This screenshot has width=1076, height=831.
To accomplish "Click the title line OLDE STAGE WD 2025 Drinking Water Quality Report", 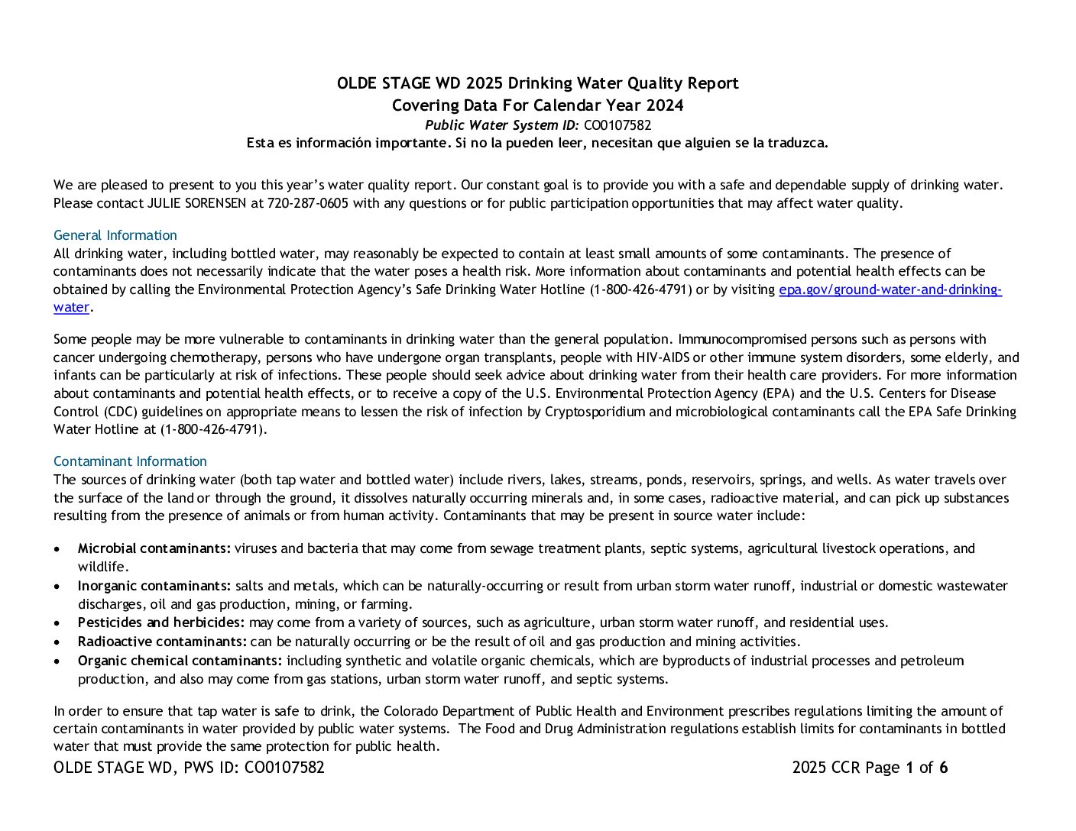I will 537,83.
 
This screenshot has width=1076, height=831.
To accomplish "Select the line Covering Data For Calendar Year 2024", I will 537,105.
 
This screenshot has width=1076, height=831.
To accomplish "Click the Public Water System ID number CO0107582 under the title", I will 617,125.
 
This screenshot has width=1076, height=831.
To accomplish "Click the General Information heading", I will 115,235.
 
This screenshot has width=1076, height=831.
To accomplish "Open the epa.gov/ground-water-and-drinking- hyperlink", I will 890,289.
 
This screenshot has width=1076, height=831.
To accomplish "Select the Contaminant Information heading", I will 130,461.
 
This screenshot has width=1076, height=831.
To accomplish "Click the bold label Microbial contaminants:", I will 154,548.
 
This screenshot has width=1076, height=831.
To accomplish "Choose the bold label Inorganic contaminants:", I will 154,586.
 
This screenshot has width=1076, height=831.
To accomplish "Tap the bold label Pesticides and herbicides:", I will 161,622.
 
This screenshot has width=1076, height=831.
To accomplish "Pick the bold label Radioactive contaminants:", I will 162,642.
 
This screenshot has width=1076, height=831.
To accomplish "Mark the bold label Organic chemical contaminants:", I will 180,661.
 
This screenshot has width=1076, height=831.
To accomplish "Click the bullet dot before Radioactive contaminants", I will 58,642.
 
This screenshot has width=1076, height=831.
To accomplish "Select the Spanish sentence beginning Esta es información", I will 537,143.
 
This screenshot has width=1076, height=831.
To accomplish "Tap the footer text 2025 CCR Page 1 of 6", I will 870,768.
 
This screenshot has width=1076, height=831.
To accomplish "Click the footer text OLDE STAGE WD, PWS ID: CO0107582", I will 189,768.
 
